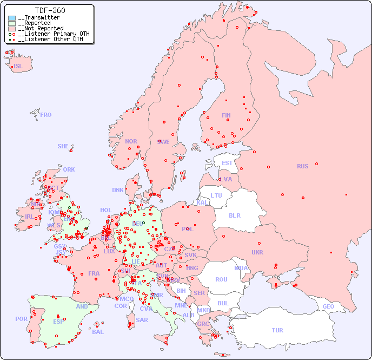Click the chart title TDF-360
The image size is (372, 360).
click(x=50, y=10)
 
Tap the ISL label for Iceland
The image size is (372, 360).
click(x=18, y=67)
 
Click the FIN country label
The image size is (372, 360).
click(x=226, y=115)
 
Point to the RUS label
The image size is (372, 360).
click(x=302, y=166)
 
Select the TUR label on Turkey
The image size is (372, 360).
click(x=277, y=330)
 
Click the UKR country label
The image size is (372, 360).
click(x=257, y=252)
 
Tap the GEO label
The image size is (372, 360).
click(x=328, y=306)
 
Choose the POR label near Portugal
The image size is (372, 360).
click(x=21, y=319)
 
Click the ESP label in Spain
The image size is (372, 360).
click(x=58, y=321)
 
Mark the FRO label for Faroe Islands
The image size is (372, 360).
click(x=46, y=115)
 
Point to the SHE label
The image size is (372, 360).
click(x=63, y=146)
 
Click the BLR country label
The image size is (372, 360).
click(x=234, y=215)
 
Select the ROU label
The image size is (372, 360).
click(x=221, y=279)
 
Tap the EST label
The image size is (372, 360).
click(x=227, y=163)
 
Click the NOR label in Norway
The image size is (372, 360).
click(x=131, y=141)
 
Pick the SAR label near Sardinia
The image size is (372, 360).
click(x=142, y=320)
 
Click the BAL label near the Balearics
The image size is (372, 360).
click(x=98, y=332)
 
